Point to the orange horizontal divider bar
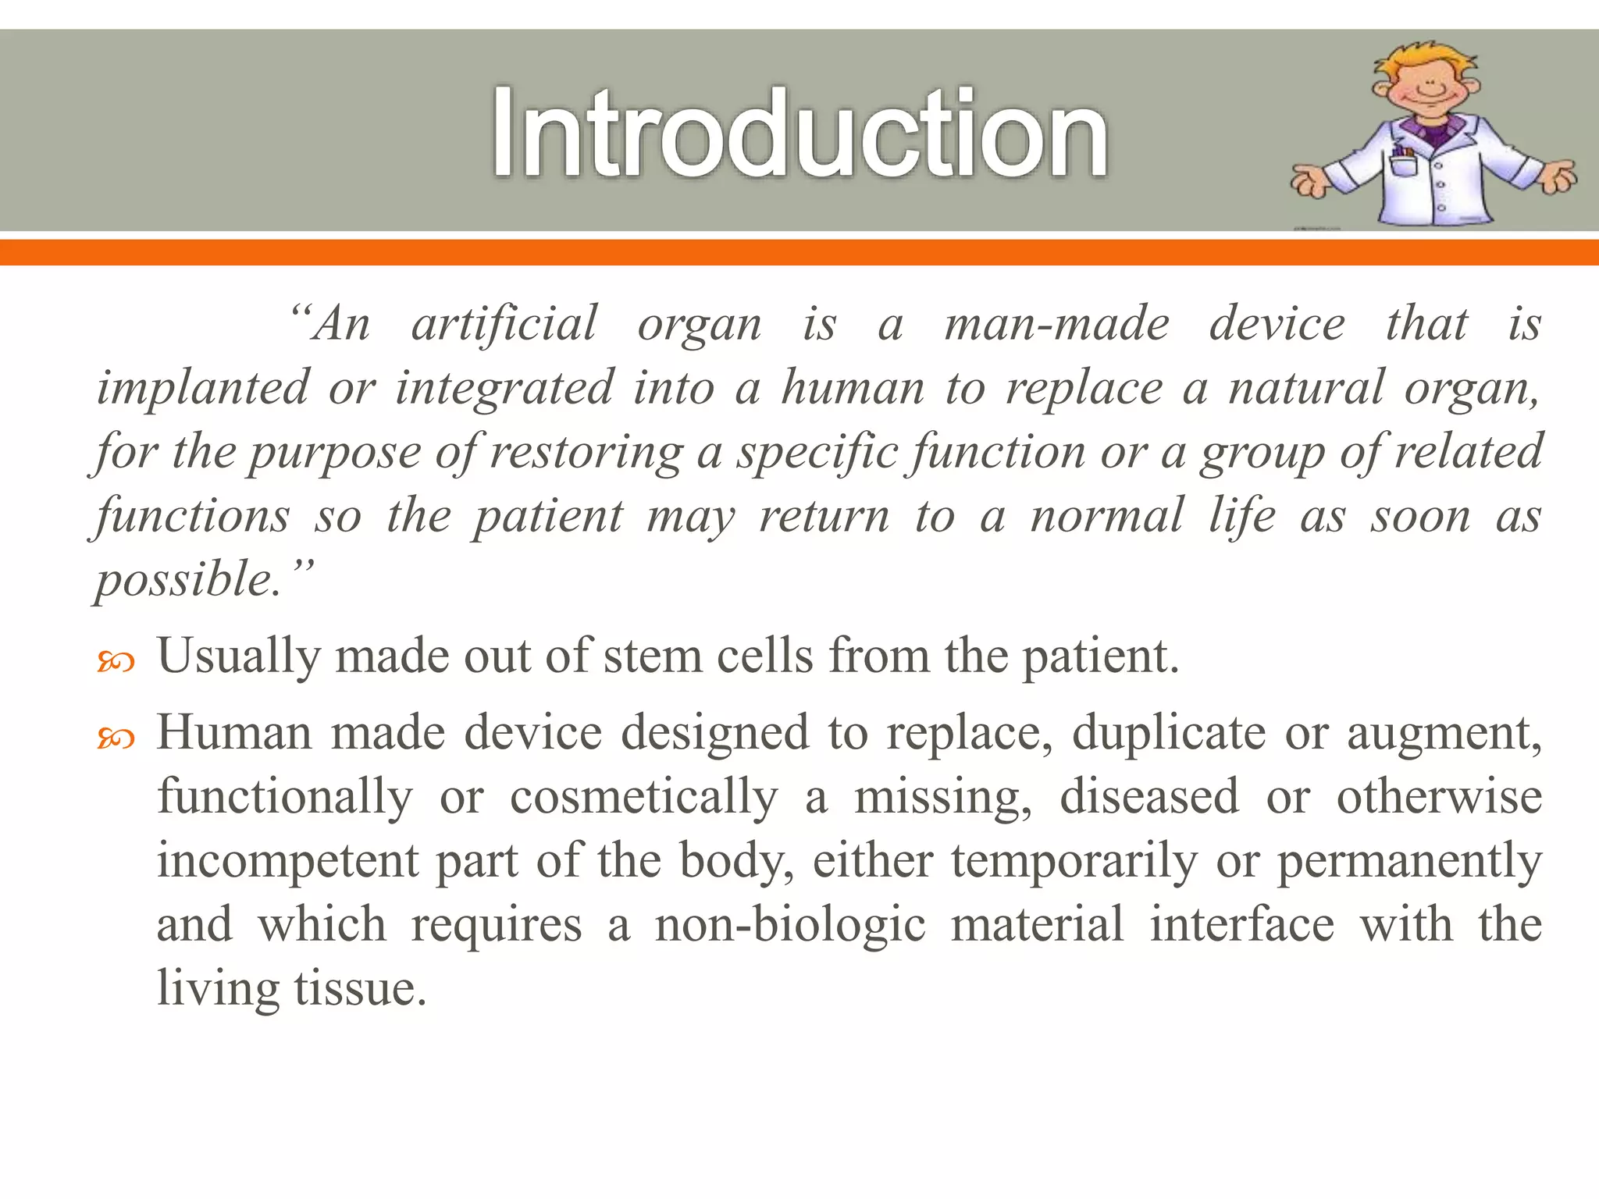point(799,252)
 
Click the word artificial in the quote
point(504,324)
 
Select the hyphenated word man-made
point(1056,324)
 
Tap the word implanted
point(202,388)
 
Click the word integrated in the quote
point(504,388)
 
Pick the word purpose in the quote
point(334,453)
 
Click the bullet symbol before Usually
point(116,663)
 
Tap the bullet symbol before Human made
point(116,738)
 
